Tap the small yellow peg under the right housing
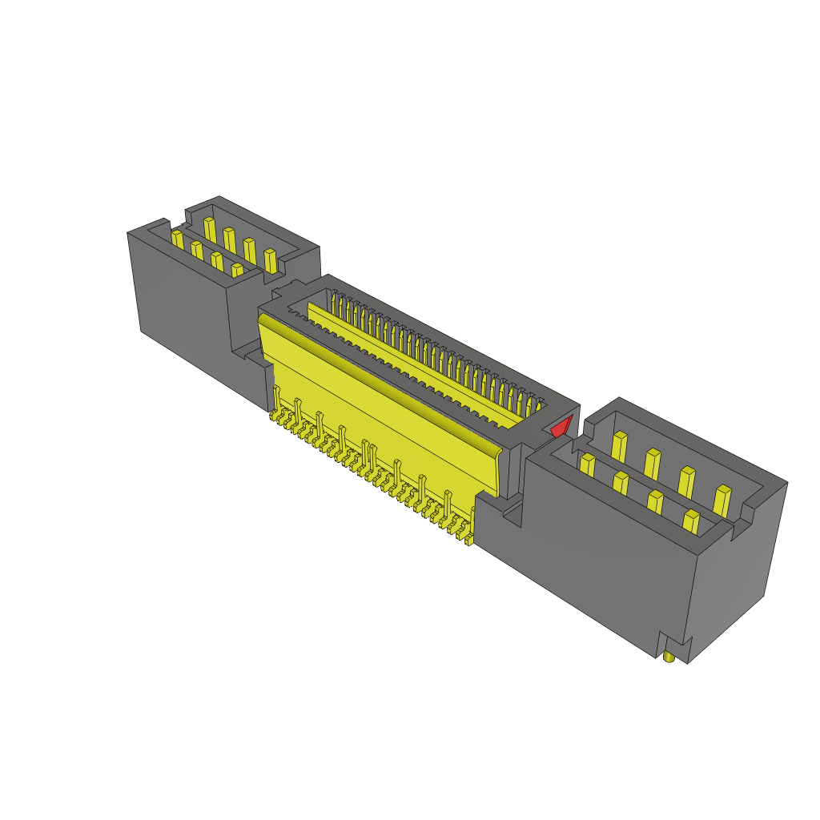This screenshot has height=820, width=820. [x=669, y=657]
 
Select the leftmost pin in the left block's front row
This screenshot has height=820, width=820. [x=178, y=239]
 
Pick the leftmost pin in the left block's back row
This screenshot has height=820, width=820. [x=210, y=228]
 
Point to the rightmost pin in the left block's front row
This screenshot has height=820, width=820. [x=237, y=271]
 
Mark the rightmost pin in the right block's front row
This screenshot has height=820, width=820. [x=691, y=522]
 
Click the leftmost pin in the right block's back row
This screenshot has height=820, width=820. [x=619, y=446]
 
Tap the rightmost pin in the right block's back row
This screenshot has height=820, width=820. [x=722, y=500]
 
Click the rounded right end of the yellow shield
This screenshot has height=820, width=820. [x=500, y=472]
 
